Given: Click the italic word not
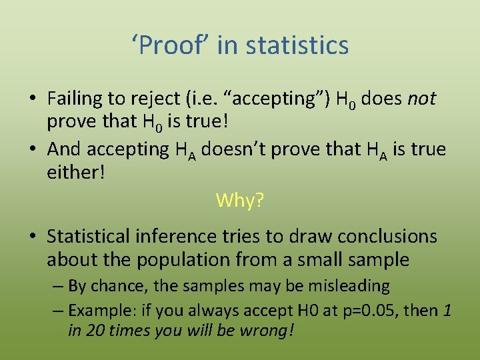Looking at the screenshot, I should (x=421, y=99).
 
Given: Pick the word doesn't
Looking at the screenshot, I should (x=230, y=149).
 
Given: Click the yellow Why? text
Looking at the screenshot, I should (x=240, y=200).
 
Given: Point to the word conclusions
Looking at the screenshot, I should (x=387, y=236).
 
